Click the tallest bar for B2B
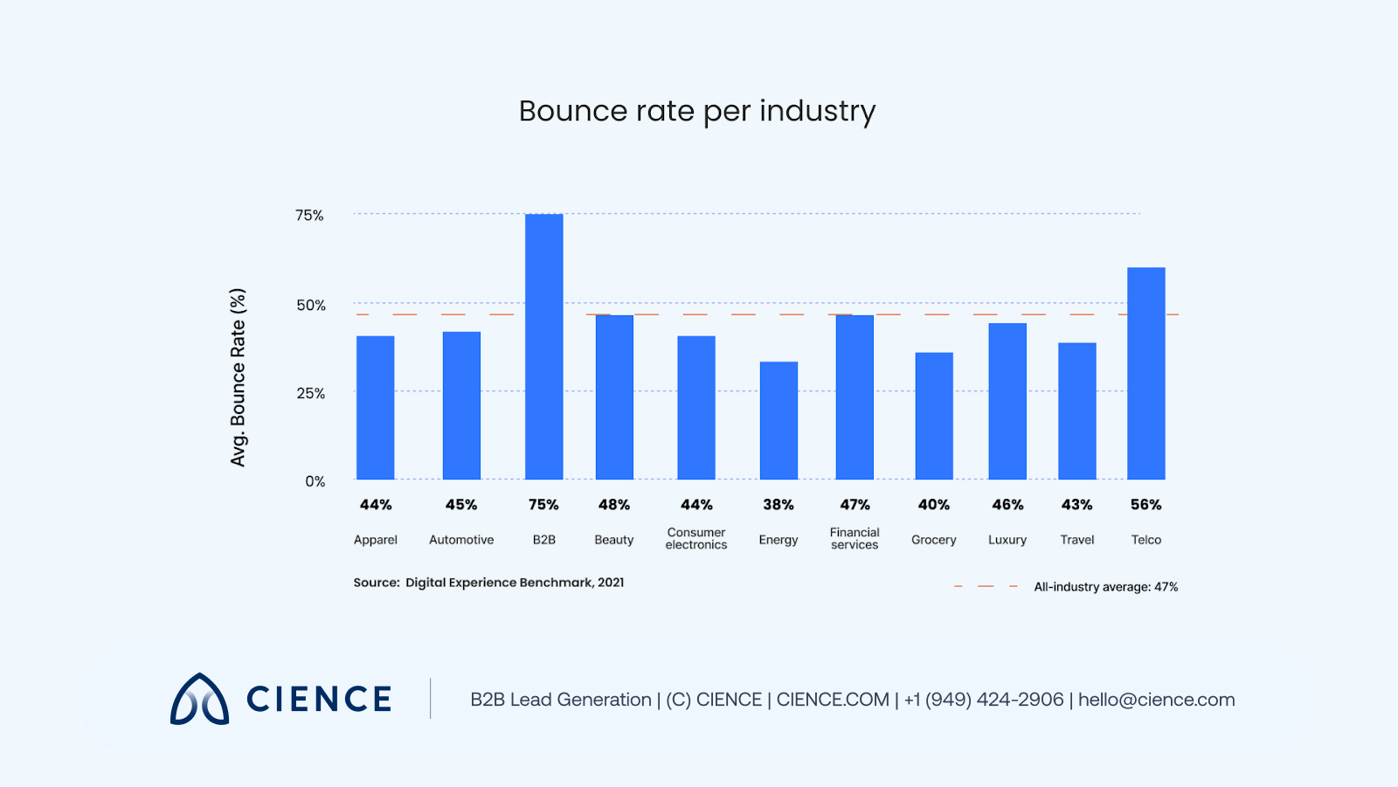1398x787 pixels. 543,347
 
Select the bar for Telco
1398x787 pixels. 1145,374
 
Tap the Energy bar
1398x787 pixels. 779,420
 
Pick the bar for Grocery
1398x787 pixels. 933,416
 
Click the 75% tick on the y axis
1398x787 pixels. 309,216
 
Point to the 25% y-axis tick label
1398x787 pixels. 310,394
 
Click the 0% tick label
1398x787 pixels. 315,481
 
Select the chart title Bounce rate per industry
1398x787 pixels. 696,112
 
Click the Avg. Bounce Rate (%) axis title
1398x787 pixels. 238,377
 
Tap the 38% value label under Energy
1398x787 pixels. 778,505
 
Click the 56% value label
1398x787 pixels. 1145,505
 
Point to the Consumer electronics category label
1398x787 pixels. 696,538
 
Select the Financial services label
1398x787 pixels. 855,538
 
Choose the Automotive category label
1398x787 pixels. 461,540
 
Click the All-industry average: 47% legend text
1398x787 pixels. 1105,587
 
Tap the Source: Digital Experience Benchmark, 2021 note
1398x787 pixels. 488,583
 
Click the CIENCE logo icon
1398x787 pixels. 199,699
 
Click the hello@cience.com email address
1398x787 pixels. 1156,700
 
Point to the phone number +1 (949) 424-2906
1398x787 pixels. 984,700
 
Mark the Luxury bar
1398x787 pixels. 1007,401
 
